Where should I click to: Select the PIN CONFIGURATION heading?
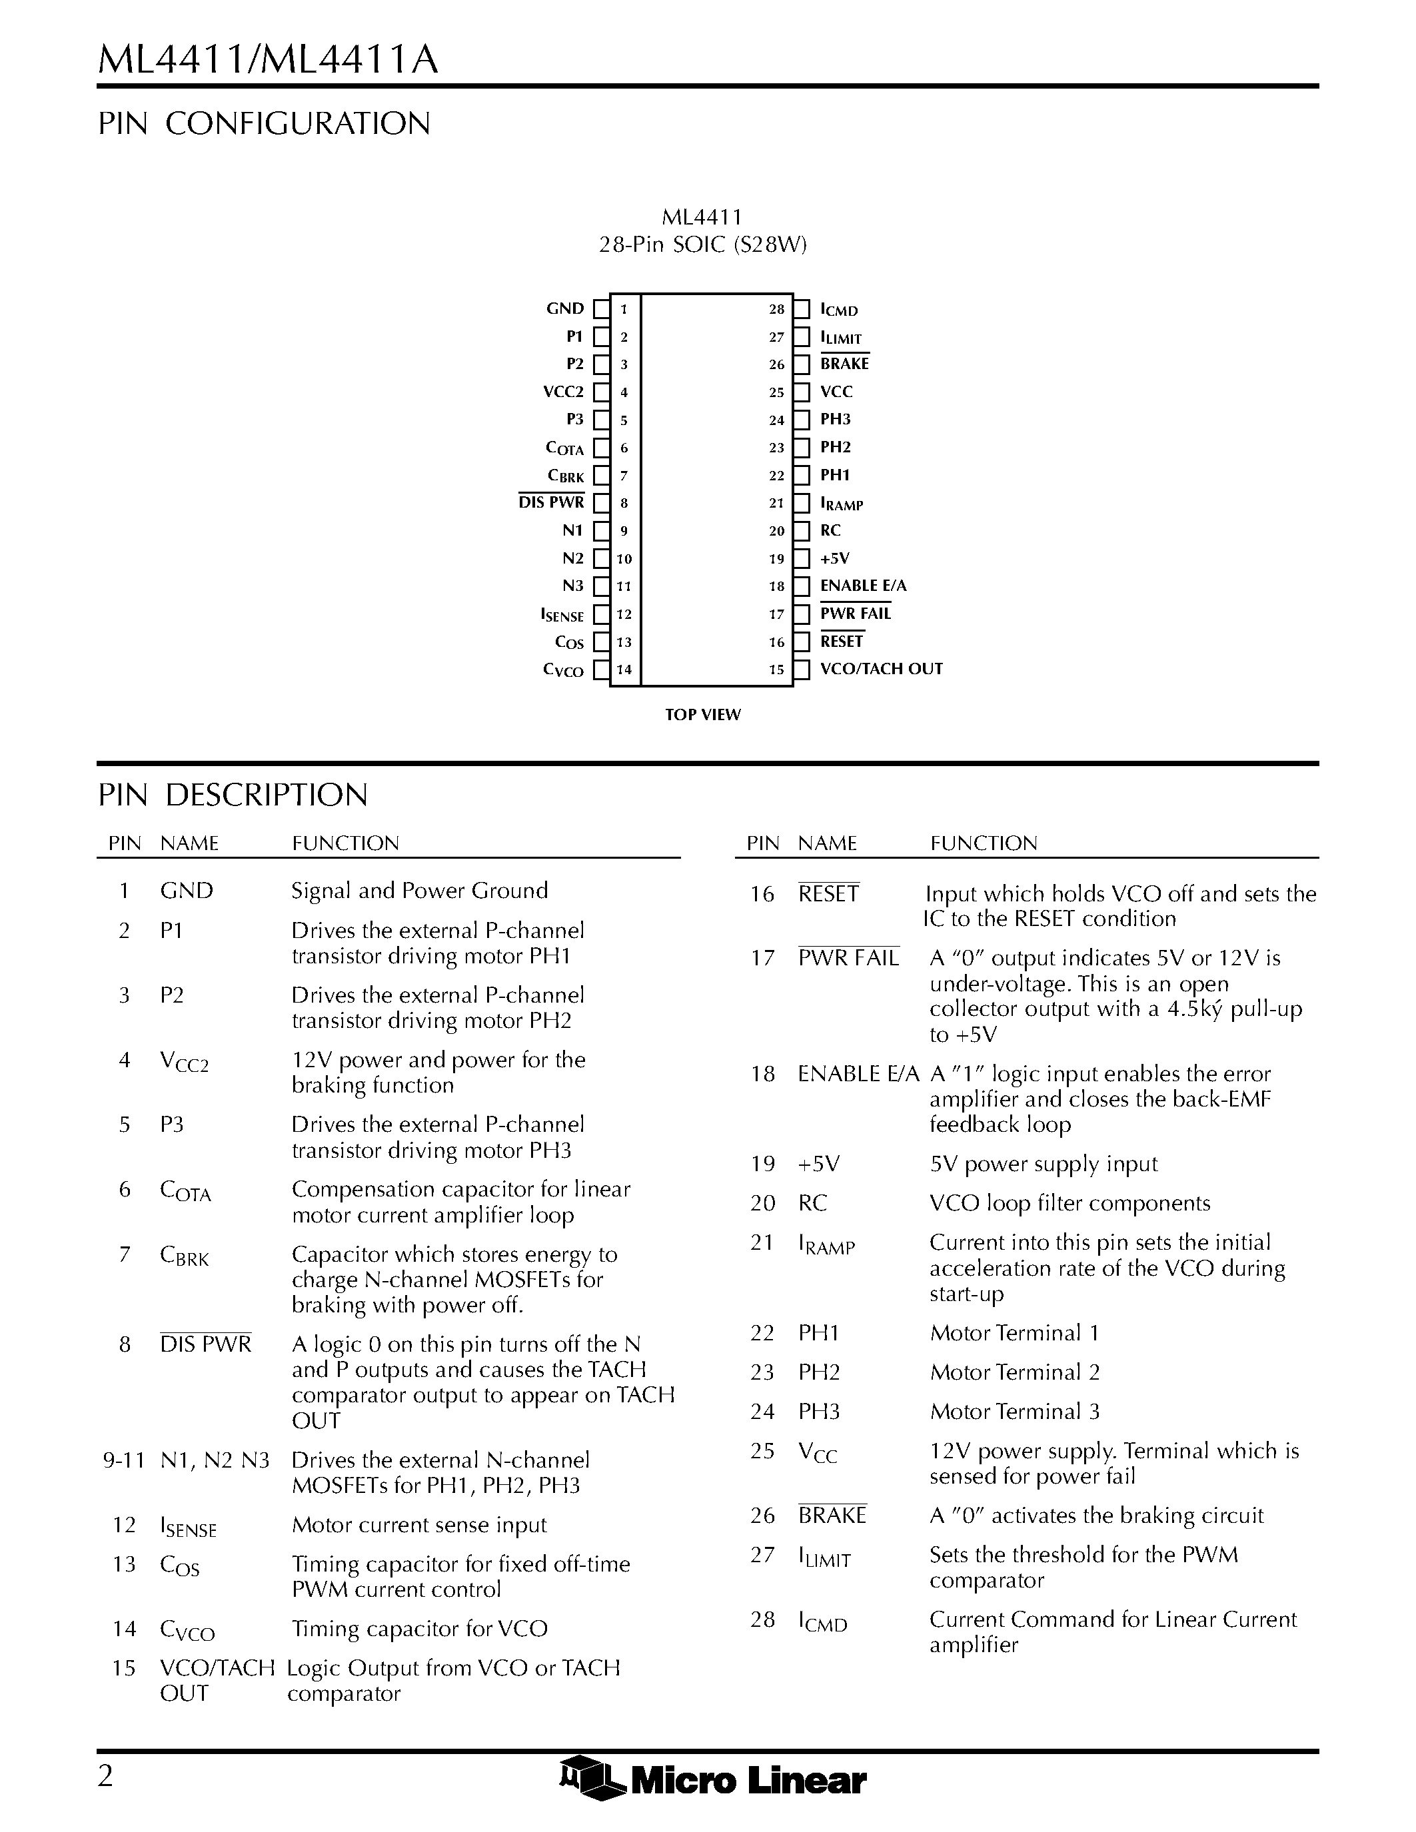[265, 123]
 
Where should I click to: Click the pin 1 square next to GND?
[600, 310]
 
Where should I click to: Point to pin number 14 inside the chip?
[624, 670]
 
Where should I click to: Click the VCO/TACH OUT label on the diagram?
[881, 670]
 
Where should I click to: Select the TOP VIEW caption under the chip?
[703, 715]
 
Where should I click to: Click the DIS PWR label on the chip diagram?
[551, 502]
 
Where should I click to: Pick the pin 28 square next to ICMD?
[802, 310]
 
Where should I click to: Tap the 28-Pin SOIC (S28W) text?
[702, 245]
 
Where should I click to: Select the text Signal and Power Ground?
[419, 891]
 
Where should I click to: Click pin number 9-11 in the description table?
[123, 1460]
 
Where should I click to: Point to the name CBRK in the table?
[184, 1256]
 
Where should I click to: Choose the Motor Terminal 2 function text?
[1014, 1372]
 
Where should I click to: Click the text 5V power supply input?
[1043, 1164]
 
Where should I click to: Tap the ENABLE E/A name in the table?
[858, 1075]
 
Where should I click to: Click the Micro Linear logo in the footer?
[712, 1779]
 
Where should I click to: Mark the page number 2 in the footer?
[106, 1776]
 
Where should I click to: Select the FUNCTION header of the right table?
[983, 843]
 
